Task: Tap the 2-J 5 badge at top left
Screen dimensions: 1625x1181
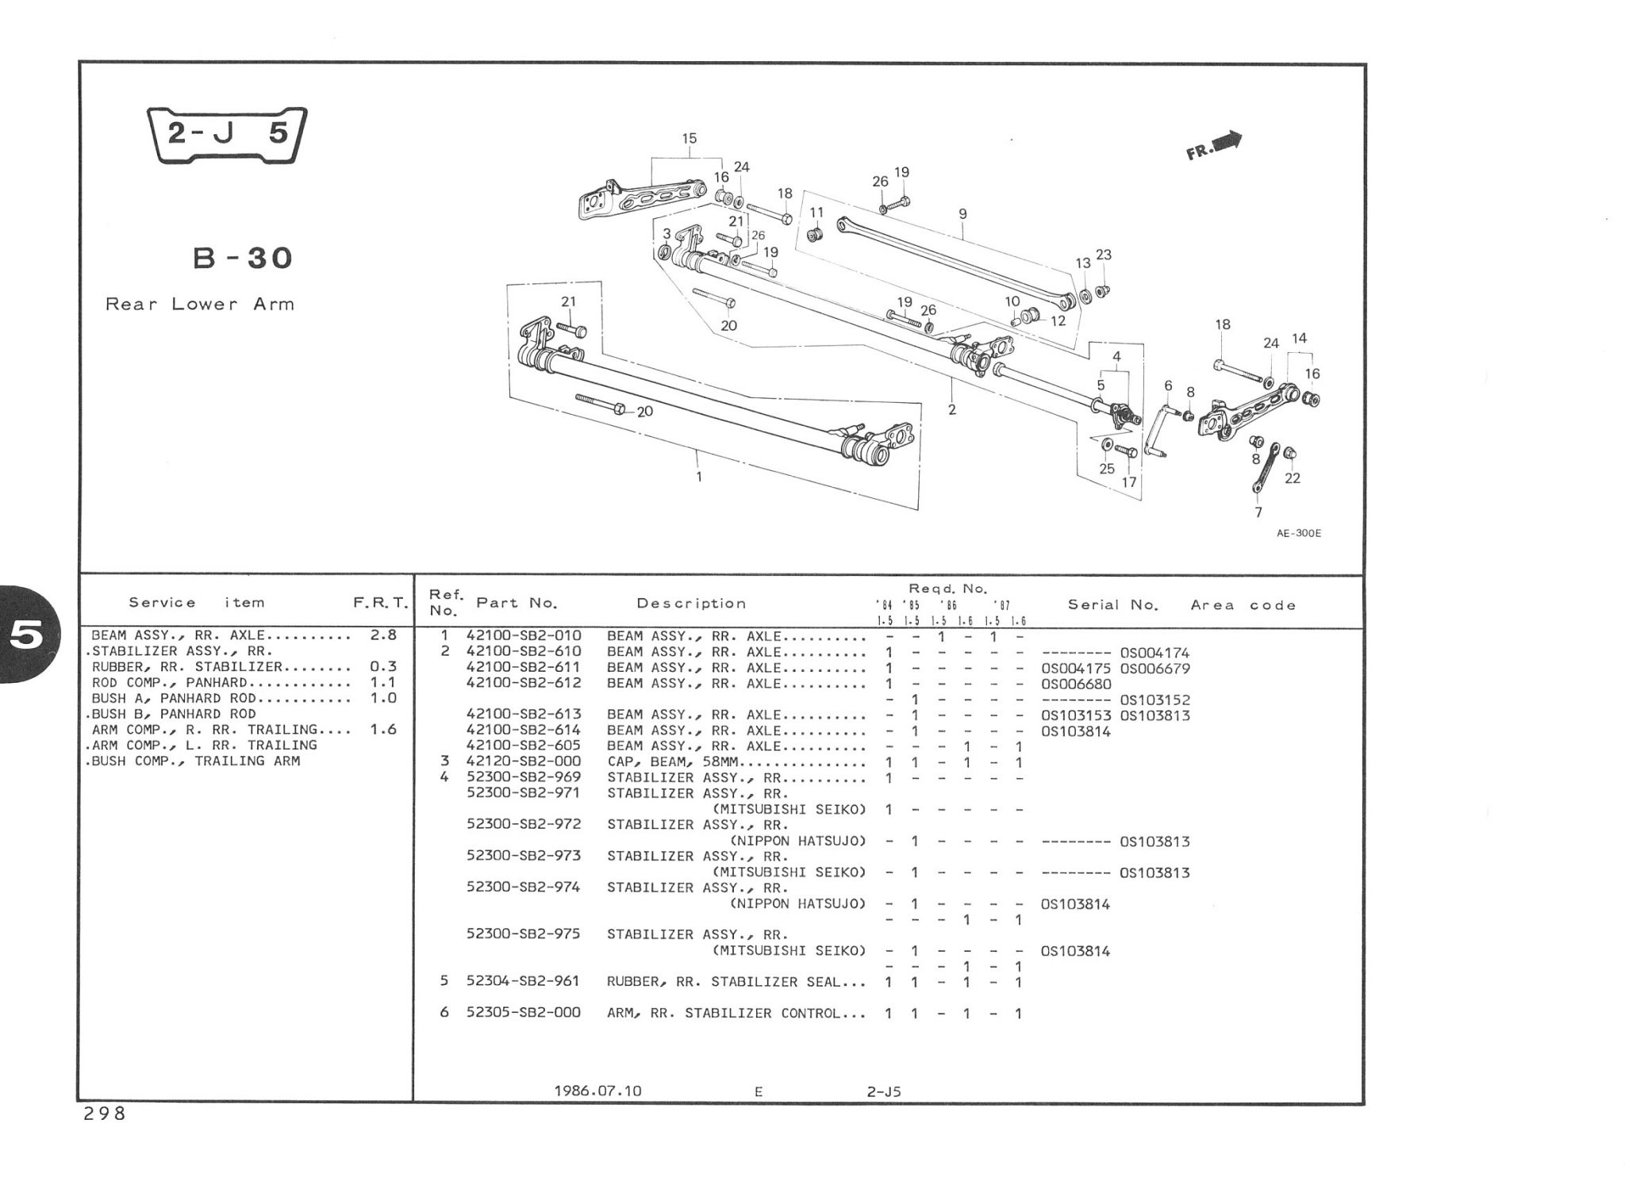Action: (x=228, y=135)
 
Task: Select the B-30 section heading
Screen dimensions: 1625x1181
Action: (x=243, y=258)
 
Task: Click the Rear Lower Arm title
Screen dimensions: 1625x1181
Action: (x=200, y=304)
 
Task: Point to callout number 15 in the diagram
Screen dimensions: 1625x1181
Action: (x=689, y=139)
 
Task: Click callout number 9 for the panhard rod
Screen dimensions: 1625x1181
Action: (x=962, y=214)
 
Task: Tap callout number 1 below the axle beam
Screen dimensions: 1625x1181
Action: (x=699, y=477)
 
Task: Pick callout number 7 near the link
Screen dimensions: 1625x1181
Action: (x=1258, y=512)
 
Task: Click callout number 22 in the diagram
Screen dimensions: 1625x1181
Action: (x=1293, y=478)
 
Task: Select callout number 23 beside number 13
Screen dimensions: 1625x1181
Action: (x=1104, y=255)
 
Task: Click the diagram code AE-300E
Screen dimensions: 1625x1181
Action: (x=1299, y=534)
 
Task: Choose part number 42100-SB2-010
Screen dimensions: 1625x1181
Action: (x=524, y=636)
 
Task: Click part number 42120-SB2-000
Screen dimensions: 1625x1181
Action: (x=524, y=761)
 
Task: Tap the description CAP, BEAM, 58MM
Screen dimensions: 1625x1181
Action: (x=674, y=762)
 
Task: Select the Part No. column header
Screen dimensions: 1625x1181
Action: (x=517, y=603)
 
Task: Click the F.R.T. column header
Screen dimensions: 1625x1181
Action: (x=381, y=604)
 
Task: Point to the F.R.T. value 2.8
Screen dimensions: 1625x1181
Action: (x=383, y=635)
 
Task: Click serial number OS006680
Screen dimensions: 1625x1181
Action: (x=1076, y=684)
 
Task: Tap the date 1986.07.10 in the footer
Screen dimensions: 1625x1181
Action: (x=597, y=1091)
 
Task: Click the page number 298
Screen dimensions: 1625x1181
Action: (x=104, y=1114)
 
